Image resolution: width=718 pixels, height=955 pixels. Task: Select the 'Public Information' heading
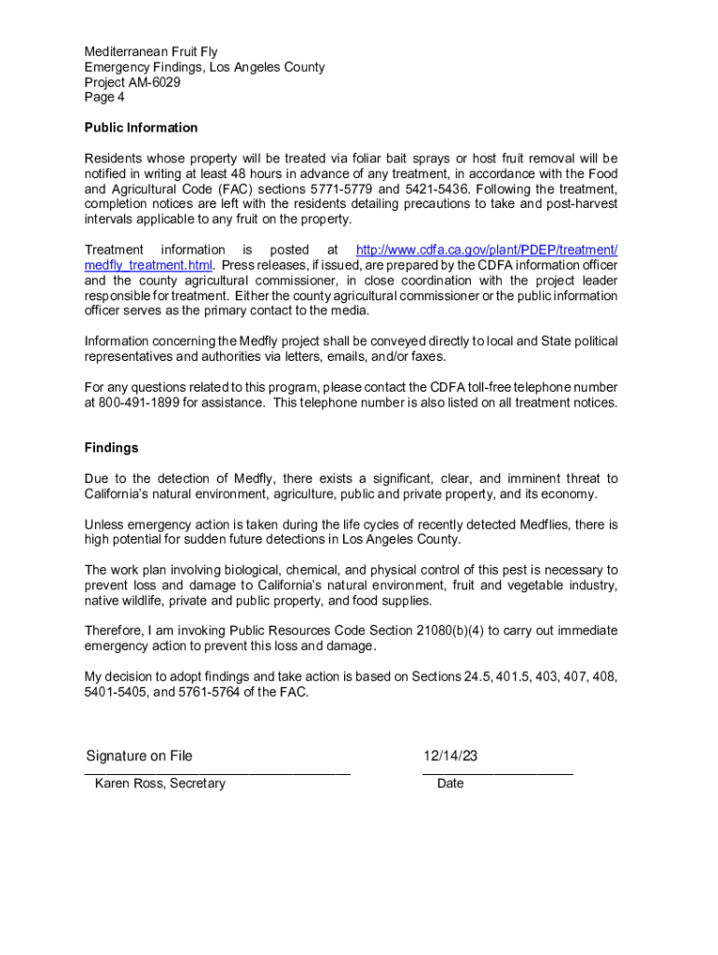tap(141, 128)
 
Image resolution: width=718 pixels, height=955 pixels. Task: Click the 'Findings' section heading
tap(111, 448)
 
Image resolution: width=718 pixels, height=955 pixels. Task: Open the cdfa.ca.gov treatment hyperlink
tap(487, 250)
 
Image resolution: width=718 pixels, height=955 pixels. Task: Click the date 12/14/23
tap(449, 756)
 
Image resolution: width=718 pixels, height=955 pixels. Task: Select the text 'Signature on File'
tap(139, 756)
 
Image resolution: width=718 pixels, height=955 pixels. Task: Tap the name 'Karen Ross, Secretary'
tap(159, 783)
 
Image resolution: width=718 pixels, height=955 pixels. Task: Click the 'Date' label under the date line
tap(449, 783)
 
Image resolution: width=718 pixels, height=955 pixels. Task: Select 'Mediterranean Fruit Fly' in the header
tap(151, 52)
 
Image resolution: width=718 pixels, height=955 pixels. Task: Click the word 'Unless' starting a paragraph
tap(104, 525)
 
